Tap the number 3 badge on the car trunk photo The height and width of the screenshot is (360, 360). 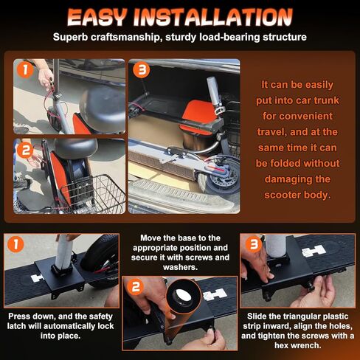[x=142, y=72]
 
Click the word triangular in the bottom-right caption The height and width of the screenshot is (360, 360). [x=292, y=313]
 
